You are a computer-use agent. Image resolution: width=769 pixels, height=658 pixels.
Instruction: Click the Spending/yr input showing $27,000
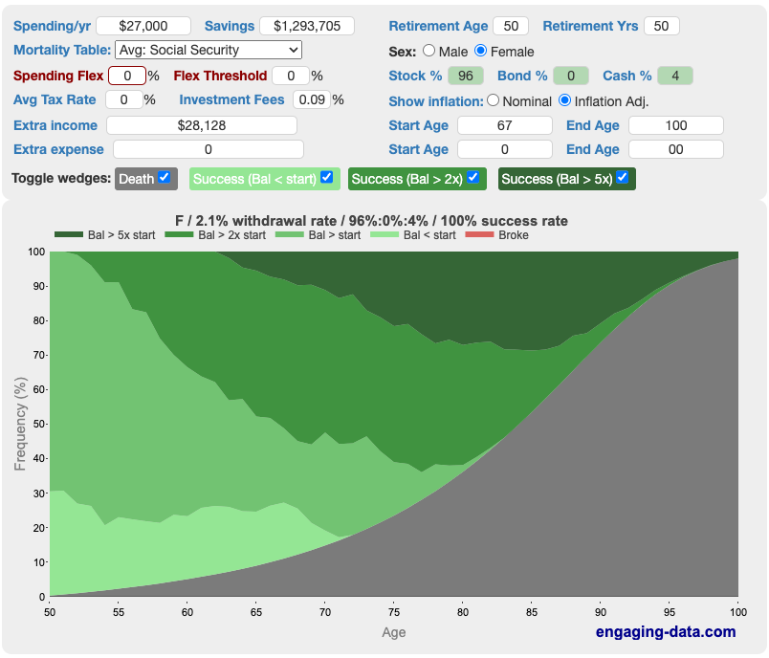tap(143, 26)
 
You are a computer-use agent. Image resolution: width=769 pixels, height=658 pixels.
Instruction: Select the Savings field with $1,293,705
tap(306, 26)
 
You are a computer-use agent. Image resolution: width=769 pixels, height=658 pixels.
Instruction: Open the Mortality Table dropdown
tap(208, 50)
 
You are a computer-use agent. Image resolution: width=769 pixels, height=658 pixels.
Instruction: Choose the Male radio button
tap(428, 51)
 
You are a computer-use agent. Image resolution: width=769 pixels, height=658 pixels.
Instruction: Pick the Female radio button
tap(481, 51)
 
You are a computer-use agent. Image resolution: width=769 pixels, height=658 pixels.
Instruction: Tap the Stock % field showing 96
tap(466, 76)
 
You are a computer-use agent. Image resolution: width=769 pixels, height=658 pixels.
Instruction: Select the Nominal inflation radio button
tap(494, 99)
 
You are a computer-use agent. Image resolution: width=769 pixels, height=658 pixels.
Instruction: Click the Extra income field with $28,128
tap(201, 125)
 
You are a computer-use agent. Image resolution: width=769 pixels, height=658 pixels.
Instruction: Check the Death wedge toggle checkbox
tap(165, 177)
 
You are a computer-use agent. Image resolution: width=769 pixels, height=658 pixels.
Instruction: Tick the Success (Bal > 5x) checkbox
tap(623, 177)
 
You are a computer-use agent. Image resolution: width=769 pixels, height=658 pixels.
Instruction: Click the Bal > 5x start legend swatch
tap(69, 235)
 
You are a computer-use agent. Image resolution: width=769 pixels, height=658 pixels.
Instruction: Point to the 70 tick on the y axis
tap(38, 355)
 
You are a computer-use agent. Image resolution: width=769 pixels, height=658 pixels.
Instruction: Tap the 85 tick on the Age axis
tap(532, 612)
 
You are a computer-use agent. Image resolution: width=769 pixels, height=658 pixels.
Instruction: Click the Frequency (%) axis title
tap(21, 424)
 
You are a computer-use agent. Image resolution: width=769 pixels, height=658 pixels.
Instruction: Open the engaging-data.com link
tap(666, 631)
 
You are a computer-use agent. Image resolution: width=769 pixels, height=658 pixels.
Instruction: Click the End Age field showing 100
tap(676, 125)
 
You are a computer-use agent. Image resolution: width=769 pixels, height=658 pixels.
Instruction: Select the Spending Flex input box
tap(126, 76)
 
